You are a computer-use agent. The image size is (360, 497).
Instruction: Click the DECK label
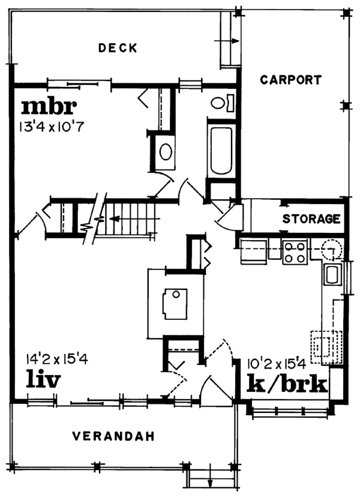coord(118,47)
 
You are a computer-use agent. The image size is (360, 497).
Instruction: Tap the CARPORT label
coord(291,79)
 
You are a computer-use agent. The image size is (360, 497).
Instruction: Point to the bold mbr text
coord(49,106)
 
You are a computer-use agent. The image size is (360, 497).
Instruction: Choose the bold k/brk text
coord(288,384)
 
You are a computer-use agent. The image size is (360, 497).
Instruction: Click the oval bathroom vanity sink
coord(165,151)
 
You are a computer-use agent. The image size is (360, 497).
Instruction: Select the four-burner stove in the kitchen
coord(295,252)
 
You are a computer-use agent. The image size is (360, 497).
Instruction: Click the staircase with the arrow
coord(129,220)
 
